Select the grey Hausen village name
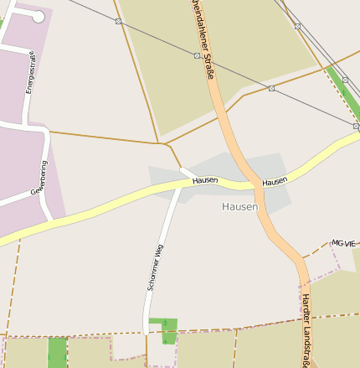point(240,206)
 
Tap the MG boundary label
point(337,243)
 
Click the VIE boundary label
point(350,243)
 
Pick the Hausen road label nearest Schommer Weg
point(205,180)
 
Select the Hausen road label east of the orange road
point(275,181)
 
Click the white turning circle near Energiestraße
point(38,16)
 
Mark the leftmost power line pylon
point(118,21)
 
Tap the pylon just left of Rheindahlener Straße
point(197,55)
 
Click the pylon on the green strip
point(356,127)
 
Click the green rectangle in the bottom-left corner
point(57,352)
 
